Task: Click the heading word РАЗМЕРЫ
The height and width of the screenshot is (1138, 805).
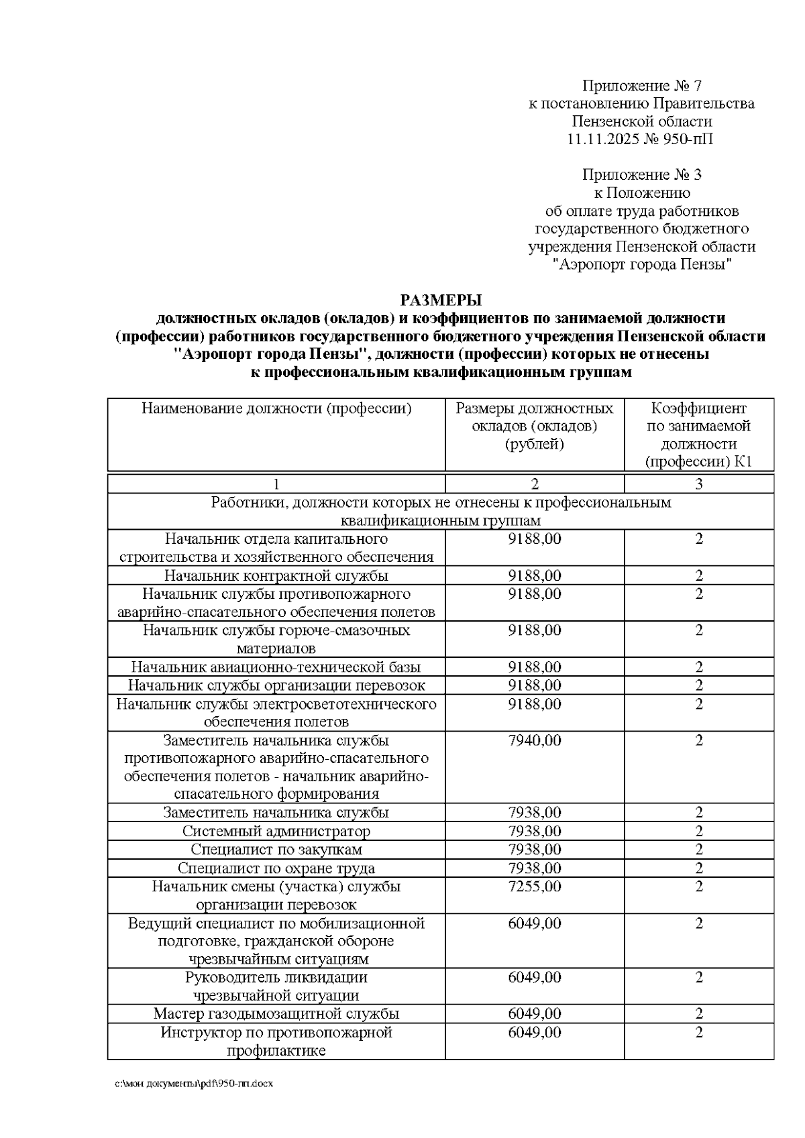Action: (x=441, y=300)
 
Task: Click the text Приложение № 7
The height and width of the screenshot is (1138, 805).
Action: (x=641, y=86)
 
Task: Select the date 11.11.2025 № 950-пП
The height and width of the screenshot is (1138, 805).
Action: (x=641, y=139)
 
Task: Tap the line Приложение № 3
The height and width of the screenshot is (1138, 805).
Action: (x=641, y=175)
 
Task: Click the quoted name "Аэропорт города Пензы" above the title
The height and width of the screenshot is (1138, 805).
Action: (x=641, y=264)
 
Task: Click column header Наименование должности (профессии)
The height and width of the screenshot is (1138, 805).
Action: (x=276, y=408)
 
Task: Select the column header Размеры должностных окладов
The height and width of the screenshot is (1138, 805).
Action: (x=534, y=426)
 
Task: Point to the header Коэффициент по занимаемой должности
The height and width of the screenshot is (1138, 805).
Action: (x=698, y=435)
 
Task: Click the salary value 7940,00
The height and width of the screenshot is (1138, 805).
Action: (x=534, y=740)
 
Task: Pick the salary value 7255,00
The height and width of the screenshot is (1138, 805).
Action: (x=534, y=887)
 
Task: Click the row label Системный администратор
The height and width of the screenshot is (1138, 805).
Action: (x=276, y=832)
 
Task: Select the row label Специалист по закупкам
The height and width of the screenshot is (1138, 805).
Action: (x=276, y=850)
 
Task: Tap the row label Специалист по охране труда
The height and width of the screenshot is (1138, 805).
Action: (x=276, y=868)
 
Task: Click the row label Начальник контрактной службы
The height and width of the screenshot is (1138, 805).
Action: (x=276, y=575)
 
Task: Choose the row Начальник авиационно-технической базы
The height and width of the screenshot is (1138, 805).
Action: (x=276, y=667)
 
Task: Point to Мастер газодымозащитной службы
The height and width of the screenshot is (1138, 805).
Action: (x=276, y=1013)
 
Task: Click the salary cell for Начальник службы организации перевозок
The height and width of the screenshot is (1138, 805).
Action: (x=534, y=685)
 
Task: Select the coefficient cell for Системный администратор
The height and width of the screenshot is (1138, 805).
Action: (x=698, y=832)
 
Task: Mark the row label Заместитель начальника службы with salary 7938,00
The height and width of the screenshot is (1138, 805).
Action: (x=276, y=813)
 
